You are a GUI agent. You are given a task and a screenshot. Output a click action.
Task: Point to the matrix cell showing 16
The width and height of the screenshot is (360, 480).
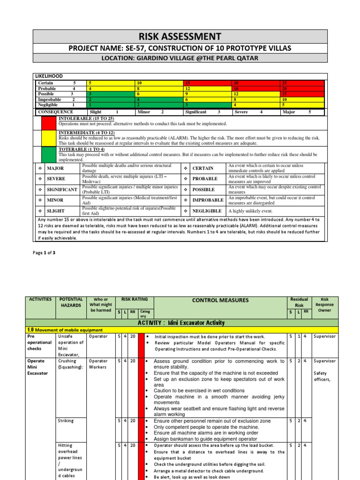[255, 89]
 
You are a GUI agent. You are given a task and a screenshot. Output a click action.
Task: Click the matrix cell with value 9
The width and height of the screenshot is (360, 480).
[207, 94]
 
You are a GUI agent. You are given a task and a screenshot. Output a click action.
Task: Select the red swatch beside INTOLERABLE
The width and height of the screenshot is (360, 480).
[49, 123]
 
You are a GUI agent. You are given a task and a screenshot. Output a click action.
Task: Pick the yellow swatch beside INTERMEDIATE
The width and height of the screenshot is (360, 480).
[49, 138]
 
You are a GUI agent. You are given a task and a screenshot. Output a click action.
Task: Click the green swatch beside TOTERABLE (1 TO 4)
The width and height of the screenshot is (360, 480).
[49, 154]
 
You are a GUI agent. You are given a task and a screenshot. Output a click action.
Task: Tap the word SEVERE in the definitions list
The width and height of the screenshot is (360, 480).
[56, 179]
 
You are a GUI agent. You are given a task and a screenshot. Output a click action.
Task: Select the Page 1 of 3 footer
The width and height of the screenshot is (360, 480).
[44, 253]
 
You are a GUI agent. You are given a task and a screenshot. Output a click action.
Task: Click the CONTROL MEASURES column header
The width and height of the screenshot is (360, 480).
[219, 300]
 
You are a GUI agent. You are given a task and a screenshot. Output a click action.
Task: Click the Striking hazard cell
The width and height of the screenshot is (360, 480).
[66, 421]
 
